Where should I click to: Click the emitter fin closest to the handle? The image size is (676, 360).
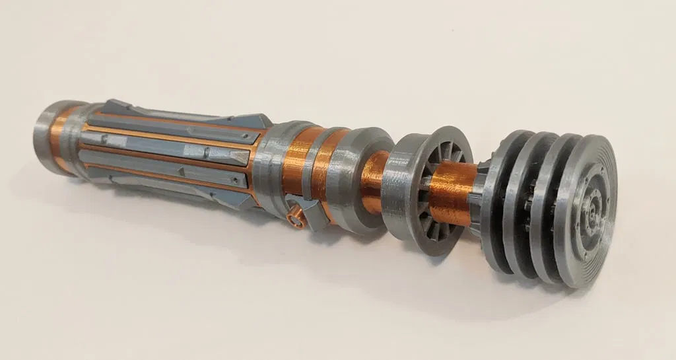496,198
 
